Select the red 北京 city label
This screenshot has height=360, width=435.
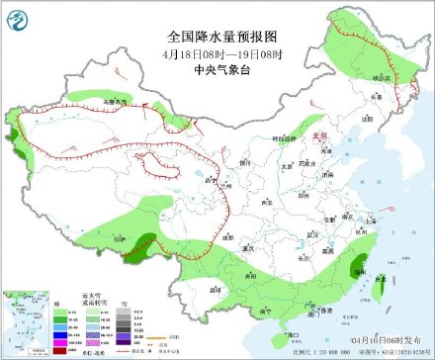[x=317, y=139]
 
